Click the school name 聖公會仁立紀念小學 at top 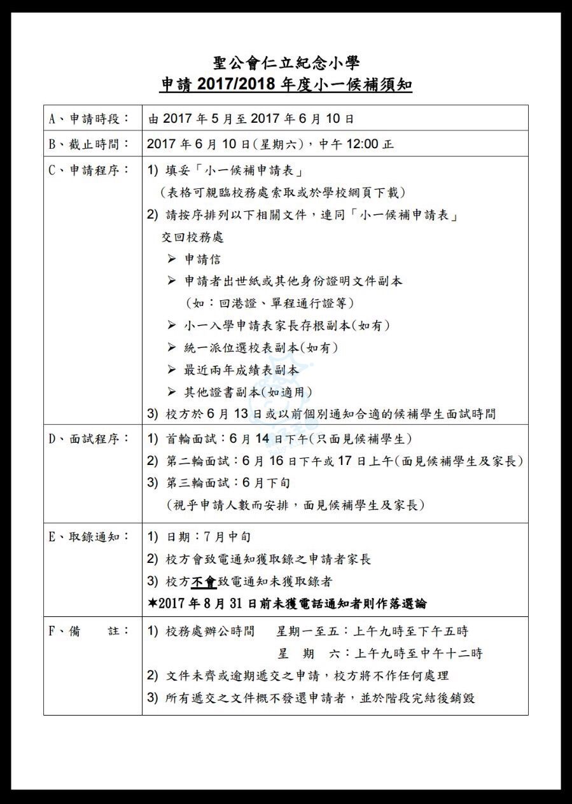pyautogui.click(x=286, y=62)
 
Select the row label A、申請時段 pyautogui.click(x=88, y=119)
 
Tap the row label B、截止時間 pyautogui.click(x=88, y=144)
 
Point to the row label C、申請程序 pyautogui.click(x=88, y=170)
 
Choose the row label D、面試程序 pyautogui.click(x=88, y=439)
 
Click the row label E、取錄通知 pyautogui.click(x=88, y=537)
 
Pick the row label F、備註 pyautogui.click(x=88, y=631)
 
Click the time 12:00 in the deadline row pyautogui.click(x=360, y=144)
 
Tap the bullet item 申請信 pyautogui.click(x=203, y=259)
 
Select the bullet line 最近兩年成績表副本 pyautogui.click(x=241, y=370)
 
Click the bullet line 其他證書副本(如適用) pyautogui.click(x=248, y=392)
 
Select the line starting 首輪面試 pyautogui.click(x=280, y=439)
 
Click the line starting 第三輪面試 pyautogui.click(x=220, y=483)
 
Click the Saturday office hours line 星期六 pyautogui.click(x=380, y=653)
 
